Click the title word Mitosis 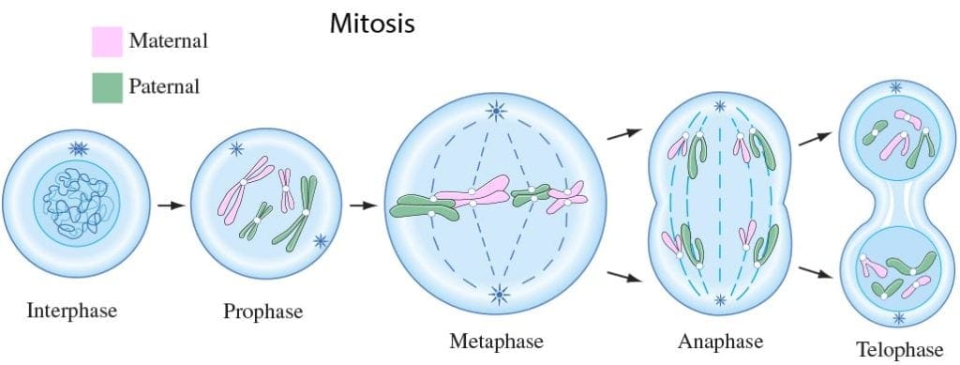click(372, 23)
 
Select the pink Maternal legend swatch click(107, 42)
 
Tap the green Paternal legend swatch click(107, 87)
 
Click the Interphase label click(72, 310)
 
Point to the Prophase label click(263, 311)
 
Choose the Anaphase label click(720, 340)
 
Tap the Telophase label click(899, 349)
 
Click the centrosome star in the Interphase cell click(77, 149)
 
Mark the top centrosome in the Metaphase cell click(494, 114)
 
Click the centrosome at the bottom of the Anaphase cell click(720, 301)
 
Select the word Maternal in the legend click(168, 41)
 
